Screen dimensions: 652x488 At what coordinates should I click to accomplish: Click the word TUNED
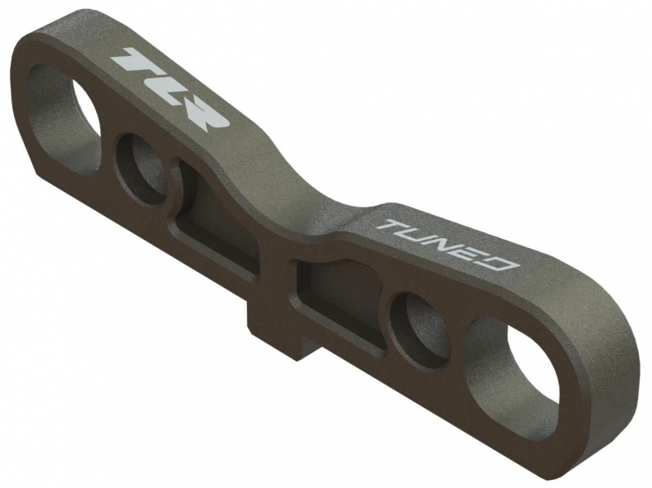coord(447,245)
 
